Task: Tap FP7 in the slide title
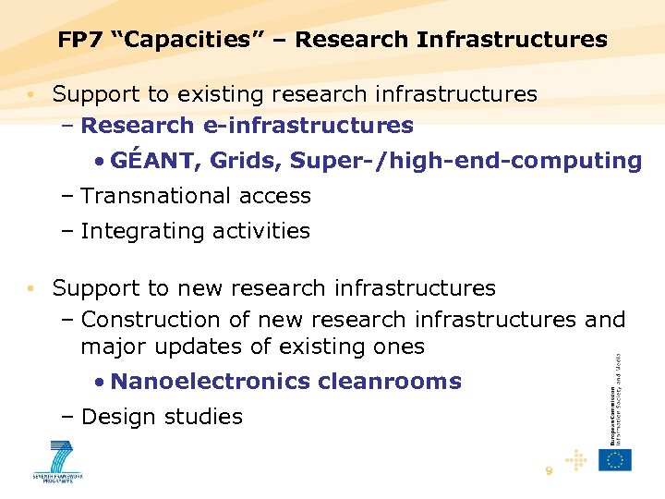point(80,40)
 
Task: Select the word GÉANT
point(154,161)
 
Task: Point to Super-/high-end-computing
point(465,161)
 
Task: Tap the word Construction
point(149,320)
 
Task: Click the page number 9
point(549,471)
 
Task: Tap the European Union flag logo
point(614,459)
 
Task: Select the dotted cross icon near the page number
point(576,459)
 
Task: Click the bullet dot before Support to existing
point(31,94)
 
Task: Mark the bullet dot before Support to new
point(31,288)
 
